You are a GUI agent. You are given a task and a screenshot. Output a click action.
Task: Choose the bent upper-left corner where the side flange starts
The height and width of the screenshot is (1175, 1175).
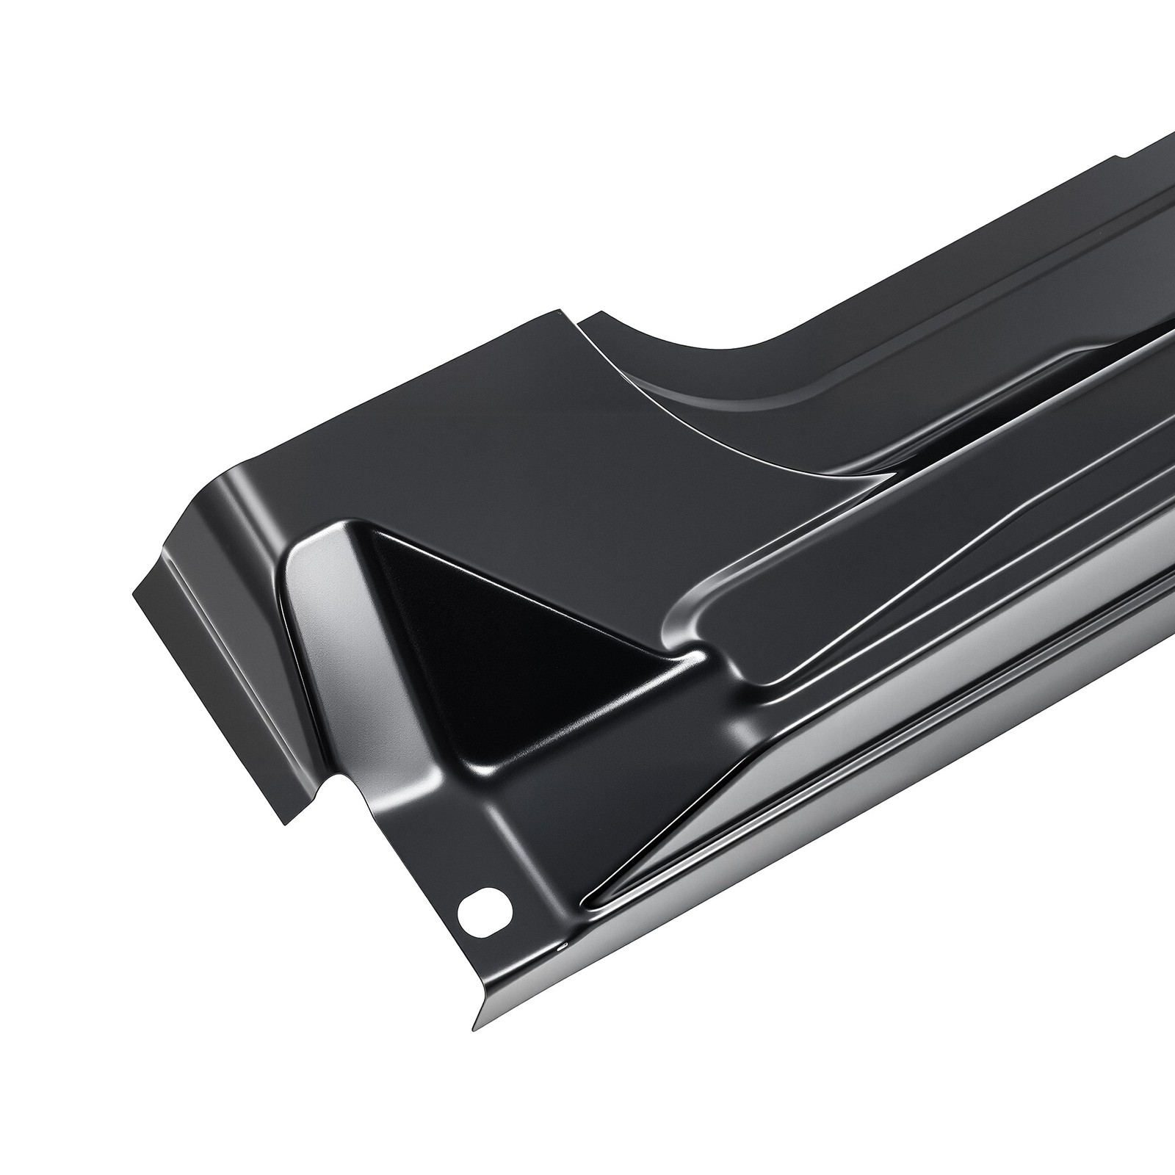(213, 485)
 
